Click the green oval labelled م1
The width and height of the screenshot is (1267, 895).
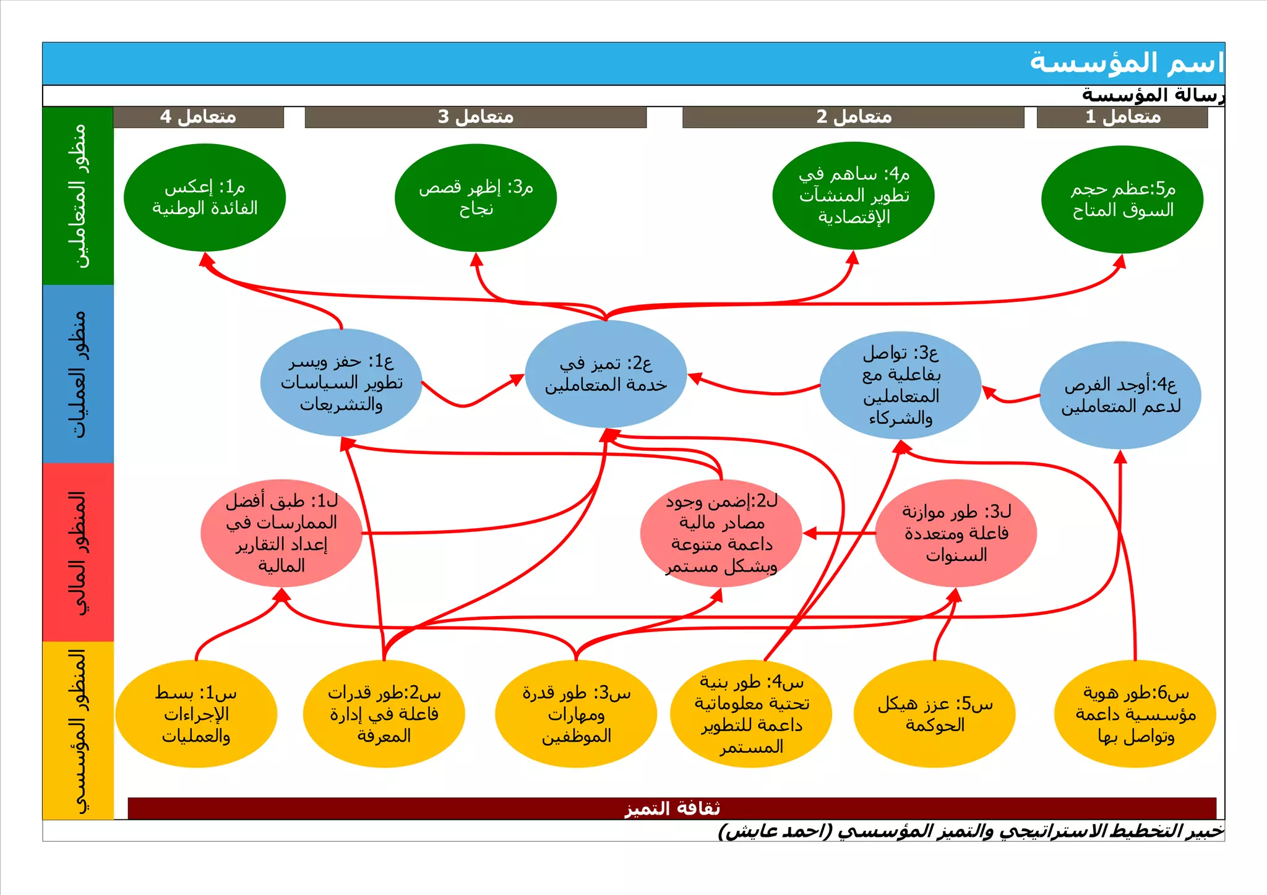click(205, 197)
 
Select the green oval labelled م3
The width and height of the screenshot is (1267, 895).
click(476, 197)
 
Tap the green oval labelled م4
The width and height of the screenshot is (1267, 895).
click(854, 195)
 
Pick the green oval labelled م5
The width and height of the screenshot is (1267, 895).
click(1122, 199)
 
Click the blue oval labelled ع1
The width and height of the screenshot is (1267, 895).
click(341, 382)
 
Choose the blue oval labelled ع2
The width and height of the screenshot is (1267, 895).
click(606, 374)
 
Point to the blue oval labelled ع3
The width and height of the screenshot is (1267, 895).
click(901, 385)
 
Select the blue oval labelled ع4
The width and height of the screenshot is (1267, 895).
click(1120, 395)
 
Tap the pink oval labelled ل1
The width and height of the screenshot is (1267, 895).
click(281, 533)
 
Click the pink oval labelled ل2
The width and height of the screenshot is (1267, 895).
click(721, 533)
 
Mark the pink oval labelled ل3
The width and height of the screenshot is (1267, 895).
click(956, 533)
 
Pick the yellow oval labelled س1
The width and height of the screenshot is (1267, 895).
click(196, 714)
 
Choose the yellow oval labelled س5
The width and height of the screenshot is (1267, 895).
click(935, 714)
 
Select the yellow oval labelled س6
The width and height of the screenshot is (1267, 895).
click(1135, 714)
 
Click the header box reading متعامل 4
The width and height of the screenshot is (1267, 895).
click(199, 117)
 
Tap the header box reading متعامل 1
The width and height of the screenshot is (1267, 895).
click(1122, 117)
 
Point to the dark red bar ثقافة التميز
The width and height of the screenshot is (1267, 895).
click(672, 808)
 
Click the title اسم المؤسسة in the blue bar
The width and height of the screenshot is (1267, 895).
click(1126, 63)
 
